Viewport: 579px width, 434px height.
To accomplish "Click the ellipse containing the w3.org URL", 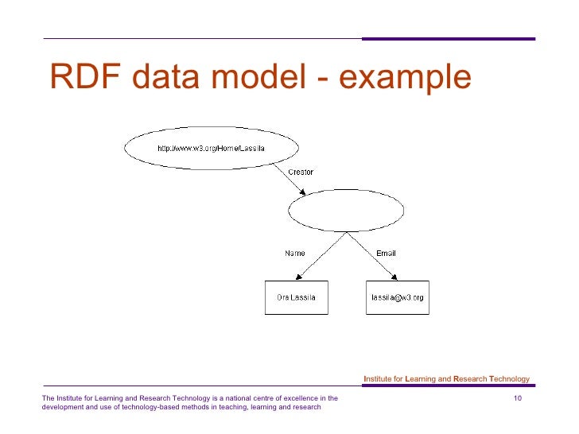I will pyautogui.click(x=211, y=148).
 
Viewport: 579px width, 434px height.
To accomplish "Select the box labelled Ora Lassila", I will pyautogui.click(x=296, y=297).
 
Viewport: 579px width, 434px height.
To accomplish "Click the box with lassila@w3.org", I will pyautogui.click(x=398, y=297).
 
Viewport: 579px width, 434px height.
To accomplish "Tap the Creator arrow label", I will pyautogui.click(x=300, y=172).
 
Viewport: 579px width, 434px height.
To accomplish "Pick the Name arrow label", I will pyautogui.click(x=295, y=254).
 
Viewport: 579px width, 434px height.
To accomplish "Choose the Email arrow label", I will pyautogui.click(x=386, y=254).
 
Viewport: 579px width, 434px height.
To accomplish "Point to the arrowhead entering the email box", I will pyautogui.click(x=394, y=277).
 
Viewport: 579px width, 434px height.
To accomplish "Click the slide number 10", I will pyautogui.click(x=519, y=397).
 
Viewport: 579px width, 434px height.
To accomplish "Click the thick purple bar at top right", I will pyautogui.click(x=449, y=38).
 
